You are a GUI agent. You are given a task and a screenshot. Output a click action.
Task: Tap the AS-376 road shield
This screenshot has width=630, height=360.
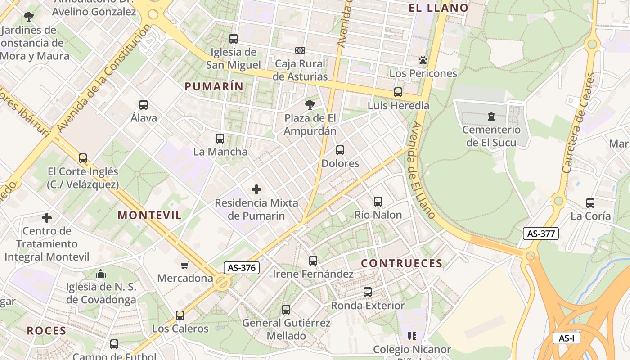(242, 268)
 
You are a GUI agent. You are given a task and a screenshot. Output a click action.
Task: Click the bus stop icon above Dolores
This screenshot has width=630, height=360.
(340, 150)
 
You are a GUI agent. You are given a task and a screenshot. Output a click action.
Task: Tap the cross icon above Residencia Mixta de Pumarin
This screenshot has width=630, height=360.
(256, 189)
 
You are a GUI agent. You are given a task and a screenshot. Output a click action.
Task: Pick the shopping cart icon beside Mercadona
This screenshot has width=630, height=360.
(184, 265)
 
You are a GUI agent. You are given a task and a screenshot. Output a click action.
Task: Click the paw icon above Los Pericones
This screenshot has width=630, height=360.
(423, 60)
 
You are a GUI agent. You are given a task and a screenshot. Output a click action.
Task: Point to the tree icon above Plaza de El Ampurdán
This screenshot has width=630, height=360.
(310, 105)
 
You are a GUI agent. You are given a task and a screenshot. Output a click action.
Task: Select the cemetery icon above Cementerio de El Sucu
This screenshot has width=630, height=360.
(491, 117)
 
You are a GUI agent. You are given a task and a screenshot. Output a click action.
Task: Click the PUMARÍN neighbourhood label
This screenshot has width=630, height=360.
(214, 86)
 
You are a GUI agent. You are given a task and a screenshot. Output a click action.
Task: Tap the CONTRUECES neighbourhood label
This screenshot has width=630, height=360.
(402, 264)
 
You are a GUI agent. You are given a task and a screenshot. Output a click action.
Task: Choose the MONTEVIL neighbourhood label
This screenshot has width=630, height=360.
(150, 216)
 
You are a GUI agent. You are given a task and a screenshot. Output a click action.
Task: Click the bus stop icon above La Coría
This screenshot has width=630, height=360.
(590, 203)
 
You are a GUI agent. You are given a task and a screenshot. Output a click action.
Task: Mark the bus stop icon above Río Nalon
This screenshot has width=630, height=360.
(378, 202)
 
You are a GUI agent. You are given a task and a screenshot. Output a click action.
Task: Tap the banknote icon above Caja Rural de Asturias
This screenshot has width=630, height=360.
(300, 50)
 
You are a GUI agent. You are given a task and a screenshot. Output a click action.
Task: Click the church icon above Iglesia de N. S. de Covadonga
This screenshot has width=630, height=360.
(101, 274)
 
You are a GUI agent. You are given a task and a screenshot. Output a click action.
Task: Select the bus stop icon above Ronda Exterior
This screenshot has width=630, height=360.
(368, 292)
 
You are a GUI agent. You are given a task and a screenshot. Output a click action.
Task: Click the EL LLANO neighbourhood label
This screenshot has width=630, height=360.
(438, 8)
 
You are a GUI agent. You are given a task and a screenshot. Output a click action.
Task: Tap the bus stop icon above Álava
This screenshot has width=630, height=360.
(144, 105)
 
